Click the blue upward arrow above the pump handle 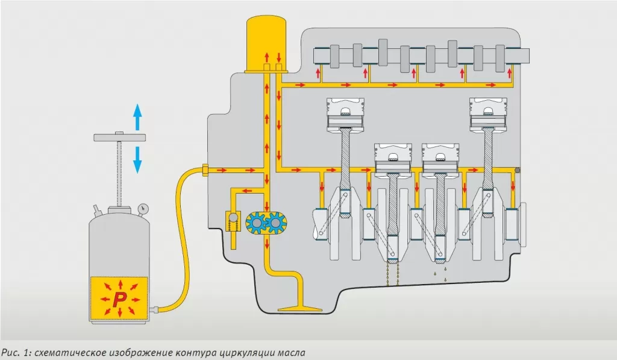pyautogui.click(x=137, y=117)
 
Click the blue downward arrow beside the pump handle pyautogui.click(x=137, y=159)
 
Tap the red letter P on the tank pyautogui.click(x=119, y=298)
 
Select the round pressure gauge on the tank pyautogui.click(x=143, y=209)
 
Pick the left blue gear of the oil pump pyautogui.click(x=257, y=223)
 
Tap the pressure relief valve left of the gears pyautogui.click(x=231, y=221)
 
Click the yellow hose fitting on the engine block pyautogui.click(x=206, y=171)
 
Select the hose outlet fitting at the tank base pyautogui.click(x=155, y=310)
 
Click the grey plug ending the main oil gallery pyautogui.click(x=518, y=171)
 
